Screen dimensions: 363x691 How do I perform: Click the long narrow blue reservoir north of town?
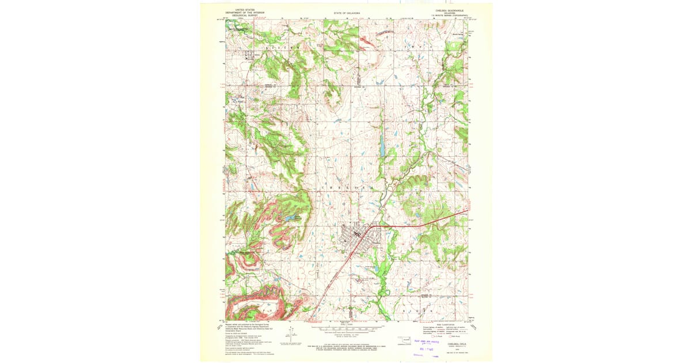point(381,146)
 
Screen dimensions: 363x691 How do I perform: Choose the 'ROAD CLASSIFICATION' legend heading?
point(447,324)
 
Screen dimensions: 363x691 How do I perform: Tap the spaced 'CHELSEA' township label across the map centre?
point(352,187)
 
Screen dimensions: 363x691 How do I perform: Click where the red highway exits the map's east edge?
point(466,213)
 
